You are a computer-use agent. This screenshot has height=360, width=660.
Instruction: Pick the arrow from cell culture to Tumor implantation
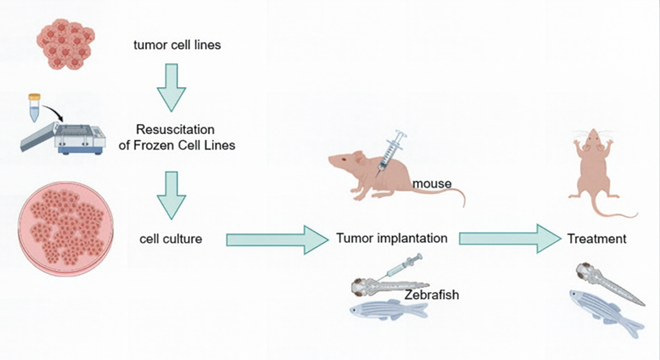(x=275, y=239)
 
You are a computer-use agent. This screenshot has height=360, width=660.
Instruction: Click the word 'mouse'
(x=432, y=184)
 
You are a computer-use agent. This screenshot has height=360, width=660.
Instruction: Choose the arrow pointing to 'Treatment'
(x=511, y=238)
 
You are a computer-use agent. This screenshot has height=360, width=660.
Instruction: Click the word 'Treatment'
(x=596, y=239)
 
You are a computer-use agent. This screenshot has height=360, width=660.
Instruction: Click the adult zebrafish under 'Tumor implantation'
(x=385, y=310)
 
